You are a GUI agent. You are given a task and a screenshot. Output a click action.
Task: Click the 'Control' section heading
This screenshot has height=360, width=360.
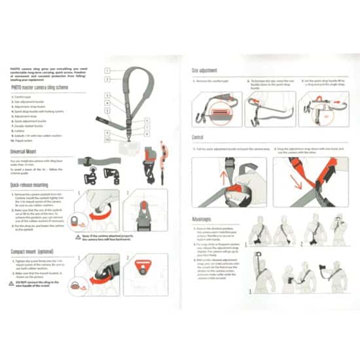coord(200,138)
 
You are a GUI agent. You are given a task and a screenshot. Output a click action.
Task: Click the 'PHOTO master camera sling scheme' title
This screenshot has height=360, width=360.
coord(39,86)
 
